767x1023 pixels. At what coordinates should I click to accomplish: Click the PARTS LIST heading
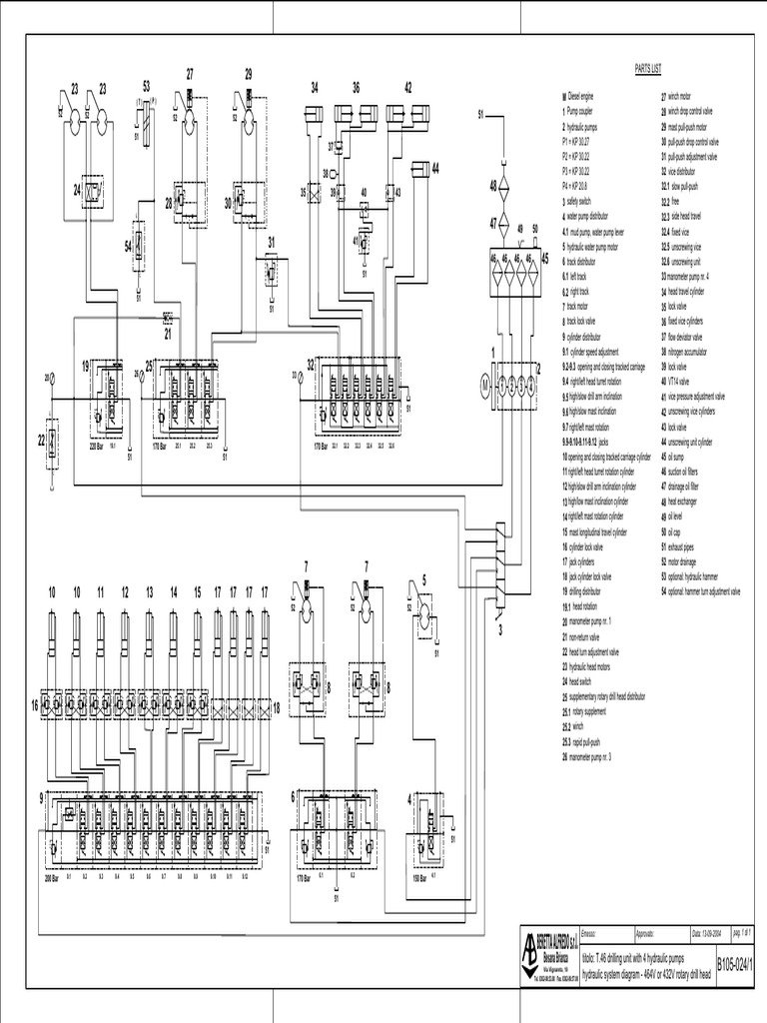tap(649, 69)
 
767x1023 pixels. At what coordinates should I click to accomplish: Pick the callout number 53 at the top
tap(147, 86)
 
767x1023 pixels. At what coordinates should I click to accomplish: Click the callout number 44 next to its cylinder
tap(435, 167)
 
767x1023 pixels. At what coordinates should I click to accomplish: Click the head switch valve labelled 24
tap(93, 188)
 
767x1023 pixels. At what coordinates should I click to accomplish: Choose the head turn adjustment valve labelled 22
tap(53, 438)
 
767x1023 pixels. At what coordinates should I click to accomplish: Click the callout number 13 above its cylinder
tap(149, 591)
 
